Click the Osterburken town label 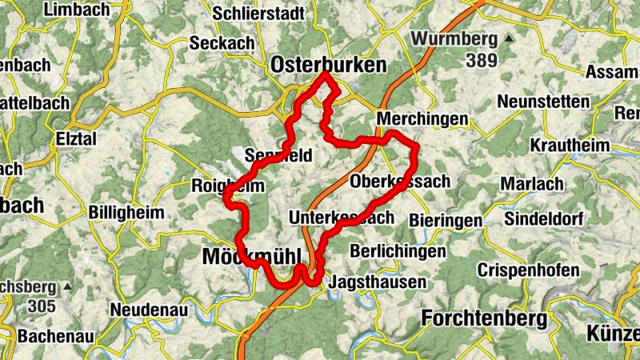point(328,65)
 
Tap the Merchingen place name point(421,118)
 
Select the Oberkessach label point(400,182)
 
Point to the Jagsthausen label point(378,282)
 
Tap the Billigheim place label point(127,213)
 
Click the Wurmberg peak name point(454,38)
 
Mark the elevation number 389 point(482,60)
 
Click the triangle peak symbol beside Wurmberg point(507,38)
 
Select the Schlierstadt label point(258,13)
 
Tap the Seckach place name point(222,43)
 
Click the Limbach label point(79,10)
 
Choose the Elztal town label point(76,138)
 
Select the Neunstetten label point(543,102)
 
